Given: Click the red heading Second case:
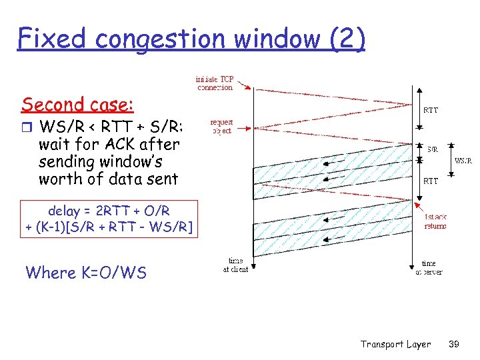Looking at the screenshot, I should (x=77, y=105).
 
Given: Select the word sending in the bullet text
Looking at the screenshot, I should (x=67, y=161).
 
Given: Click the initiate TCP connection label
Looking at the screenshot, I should (x=215, y=82).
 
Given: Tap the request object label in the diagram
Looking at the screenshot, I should (x=221, y=127).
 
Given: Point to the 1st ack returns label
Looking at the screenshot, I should (x=435, y=221).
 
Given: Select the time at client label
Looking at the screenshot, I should (x=235, y=265).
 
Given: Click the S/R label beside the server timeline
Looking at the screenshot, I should (x=432, y=149).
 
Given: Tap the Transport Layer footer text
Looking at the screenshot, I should (x=395, y=344).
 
